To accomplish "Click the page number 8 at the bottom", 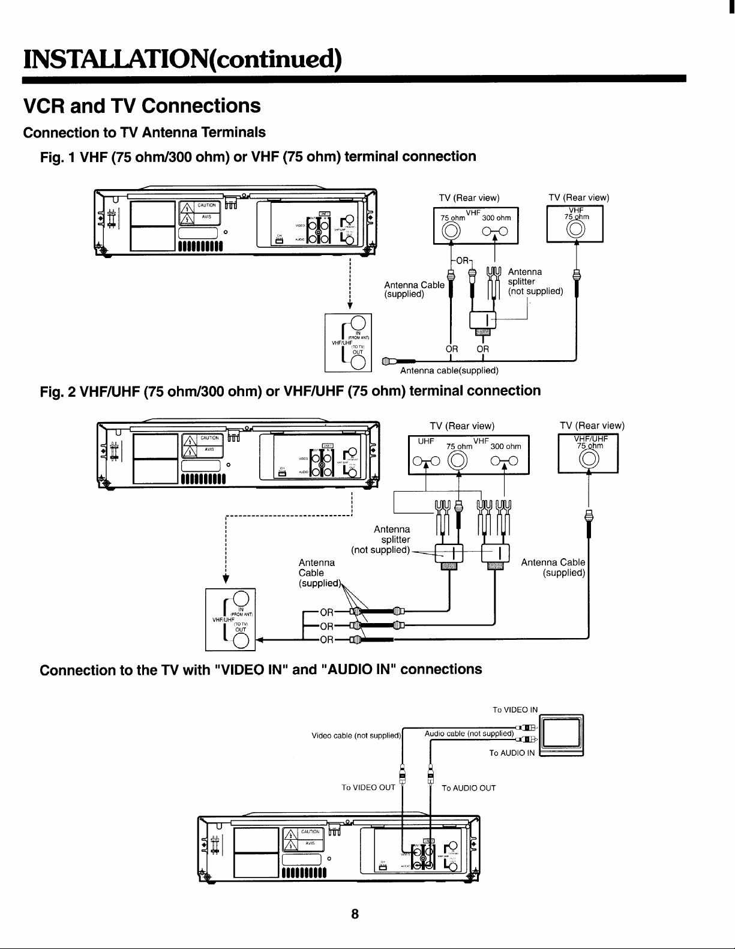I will tap(355, 914).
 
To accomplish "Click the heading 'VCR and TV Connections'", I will tap(141, 106).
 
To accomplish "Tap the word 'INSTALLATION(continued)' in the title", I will tap(182, 59).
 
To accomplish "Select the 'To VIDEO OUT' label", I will tap(368, 788).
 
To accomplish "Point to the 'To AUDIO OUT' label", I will tap(469, 788).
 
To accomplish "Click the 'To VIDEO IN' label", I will tap(515, 709).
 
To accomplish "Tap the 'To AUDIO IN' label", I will tap(511, 753).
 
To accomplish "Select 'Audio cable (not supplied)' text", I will tap(469, 734).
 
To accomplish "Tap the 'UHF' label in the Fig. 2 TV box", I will tap(426, 441).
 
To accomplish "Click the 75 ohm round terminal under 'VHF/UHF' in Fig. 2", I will tap(588, 460).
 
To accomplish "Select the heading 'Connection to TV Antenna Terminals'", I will tap(144, 132).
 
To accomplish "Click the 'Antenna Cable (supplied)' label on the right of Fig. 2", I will tap(553, 567).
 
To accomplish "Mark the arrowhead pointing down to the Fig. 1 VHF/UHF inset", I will tap(349, 306).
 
